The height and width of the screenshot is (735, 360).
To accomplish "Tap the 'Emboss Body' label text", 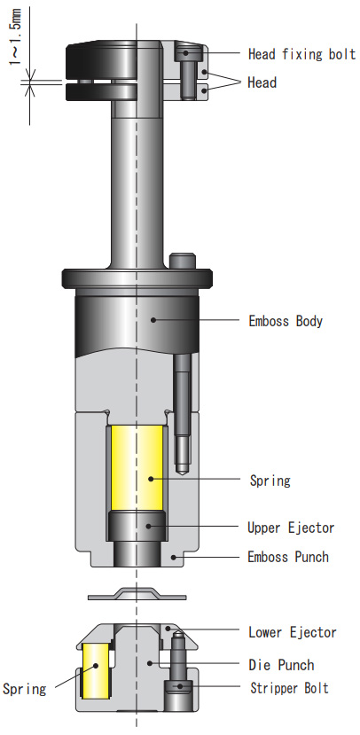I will (285, 321).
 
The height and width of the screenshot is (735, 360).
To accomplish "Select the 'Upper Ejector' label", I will (291, 528).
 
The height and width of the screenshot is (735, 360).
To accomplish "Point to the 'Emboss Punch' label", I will (288, 557).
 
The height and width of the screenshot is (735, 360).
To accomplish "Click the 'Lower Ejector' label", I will (292, 632).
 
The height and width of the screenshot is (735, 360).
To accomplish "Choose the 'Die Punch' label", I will (281, 665).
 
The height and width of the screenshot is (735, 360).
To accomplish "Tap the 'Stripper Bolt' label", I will (288, 687).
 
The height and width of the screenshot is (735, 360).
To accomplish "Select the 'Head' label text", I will (262, 82).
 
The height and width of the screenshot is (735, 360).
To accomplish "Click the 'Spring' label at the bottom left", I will (24, 688).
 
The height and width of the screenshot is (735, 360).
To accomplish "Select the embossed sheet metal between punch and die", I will (137, 592).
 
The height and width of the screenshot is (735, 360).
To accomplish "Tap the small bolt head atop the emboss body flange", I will (182, 261).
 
